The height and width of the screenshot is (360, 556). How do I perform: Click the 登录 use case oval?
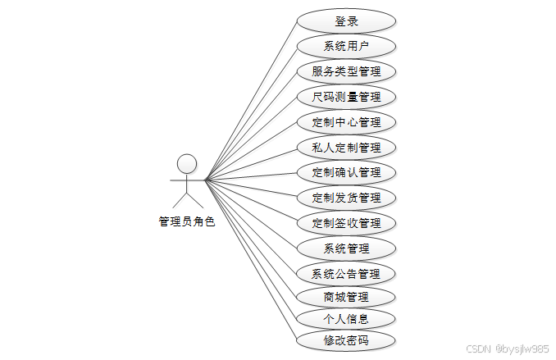pos(346,21)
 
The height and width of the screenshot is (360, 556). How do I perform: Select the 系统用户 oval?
pos(346,46)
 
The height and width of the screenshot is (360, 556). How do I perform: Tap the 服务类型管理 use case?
pos(346,71)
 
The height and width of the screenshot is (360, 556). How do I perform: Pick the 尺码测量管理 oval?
pos(346,97)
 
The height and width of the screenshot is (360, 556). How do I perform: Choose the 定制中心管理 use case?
pos(346,122)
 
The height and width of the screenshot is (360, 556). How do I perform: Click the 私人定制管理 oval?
pos(346,148)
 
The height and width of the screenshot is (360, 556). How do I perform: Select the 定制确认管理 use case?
pos(346,172)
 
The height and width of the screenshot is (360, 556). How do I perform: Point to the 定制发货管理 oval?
pos(346,198)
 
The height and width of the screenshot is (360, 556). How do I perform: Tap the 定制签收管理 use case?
pos(346,223)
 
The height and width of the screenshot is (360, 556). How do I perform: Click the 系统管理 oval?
pos(346,248)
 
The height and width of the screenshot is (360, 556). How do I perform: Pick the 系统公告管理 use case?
pos(346,273)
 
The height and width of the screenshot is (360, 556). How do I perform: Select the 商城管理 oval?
pos(346,297)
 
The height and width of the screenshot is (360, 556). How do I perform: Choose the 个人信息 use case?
pos(346,318)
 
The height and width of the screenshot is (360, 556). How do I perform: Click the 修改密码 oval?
pos(346,339)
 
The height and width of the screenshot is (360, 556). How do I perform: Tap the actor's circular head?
pos(187,162)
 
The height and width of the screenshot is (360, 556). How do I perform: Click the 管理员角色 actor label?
pos(187,221)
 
